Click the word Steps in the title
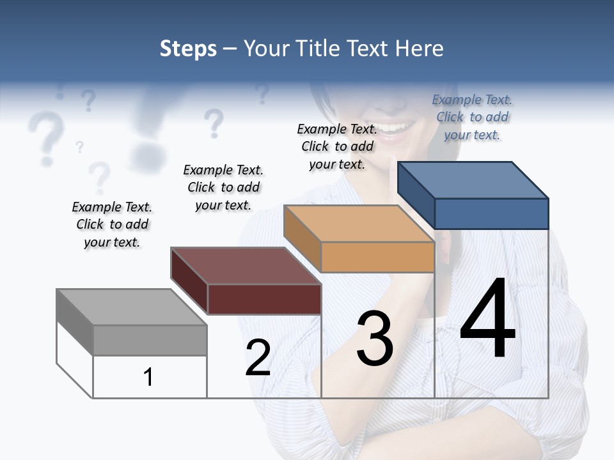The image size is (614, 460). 188,49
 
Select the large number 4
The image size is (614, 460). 487,319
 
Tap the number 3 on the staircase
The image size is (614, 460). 375,339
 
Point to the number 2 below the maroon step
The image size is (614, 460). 258,358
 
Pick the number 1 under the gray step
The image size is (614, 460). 148,377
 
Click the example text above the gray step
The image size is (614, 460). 112,224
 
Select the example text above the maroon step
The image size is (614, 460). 223,187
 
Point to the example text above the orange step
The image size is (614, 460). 337,146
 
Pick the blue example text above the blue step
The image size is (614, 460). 472,117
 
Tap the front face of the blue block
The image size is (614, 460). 491,213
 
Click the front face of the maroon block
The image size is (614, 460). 264,299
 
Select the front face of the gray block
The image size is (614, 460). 150,340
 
